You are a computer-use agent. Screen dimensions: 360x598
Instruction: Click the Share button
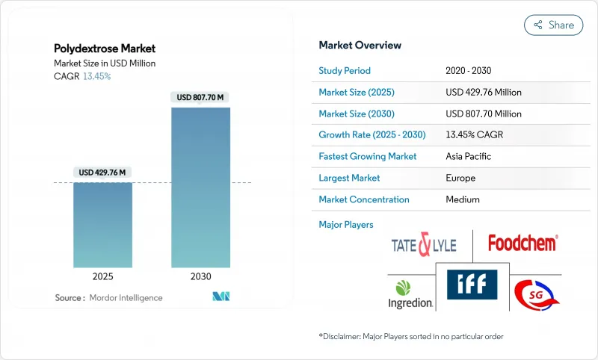pyautogui.click(x=554, y=25)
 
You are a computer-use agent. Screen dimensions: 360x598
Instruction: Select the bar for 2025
pyautogui.click(x=102, y=224)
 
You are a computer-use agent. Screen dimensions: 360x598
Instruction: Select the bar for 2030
pyautogui.click(x=200, y=187)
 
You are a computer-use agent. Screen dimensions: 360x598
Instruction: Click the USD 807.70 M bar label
pyautogui.click(x=200, y=97)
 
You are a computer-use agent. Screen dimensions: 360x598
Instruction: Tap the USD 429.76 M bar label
pyautogui.click(x=102, y=173)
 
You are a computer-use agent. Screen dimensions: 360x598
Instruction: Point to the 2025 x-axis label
pyautogui.click(x=102, y=276)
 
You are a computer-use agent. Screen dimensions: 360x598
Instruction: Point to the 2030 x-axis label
pyautogui.click(x=200, y=276)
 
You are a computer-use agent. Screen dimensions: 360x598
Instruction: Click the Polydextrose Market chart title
pyautogui.click(x=104, y=49)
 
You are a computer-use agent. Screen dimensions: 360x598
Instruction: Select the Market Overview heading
pyautogui.click(x=360, y=45)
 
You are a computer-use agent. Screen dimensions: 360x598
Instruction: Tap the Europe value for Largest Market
pyautogui.click(x=460, y=178)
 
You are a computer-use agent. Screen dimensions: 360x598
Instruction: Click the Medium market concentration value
pyautogui.click(x=463, y=199)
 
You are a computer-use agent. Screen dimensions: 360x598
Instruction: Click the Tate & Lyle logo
pyautogui.click(x=422, y=244)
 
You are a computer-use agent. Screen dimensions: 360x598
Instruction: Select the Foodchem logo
pyautogui.click(x=523, y=243)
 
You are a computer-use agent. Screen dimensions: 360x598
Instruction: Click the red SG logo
pyautogui.click(x=537, y=294)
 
